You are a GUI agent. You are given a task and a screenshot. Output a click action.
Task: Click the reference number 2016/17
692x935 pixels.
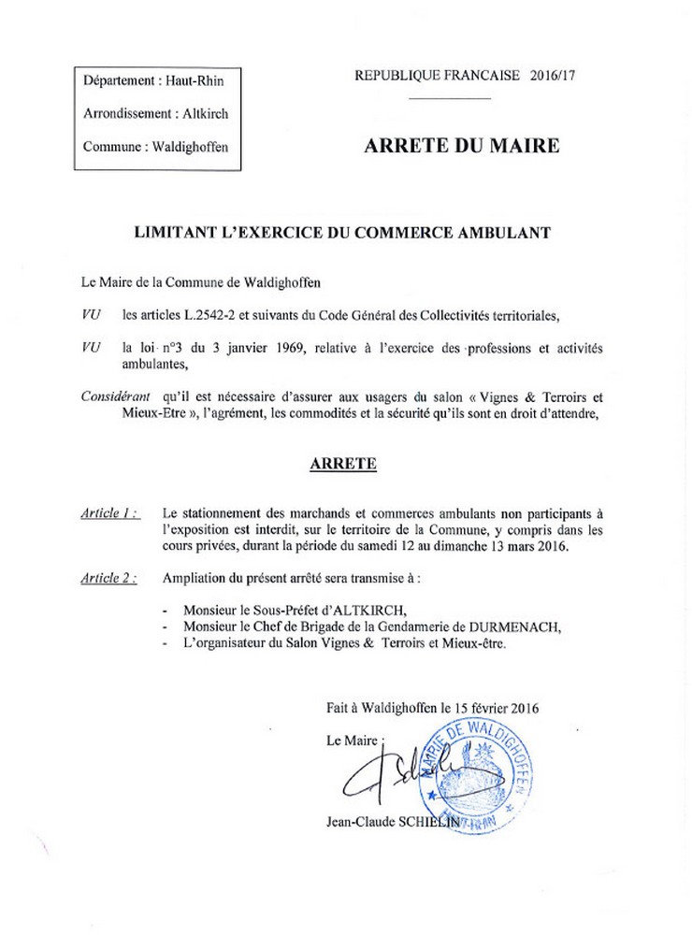pos(553,76)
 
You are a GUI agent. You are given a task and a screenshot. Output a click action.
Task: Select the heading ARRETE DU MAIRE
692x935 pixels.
pos(461,146)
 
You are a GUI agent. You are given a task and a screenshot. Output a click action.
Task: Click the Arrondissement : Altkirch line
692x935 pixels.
pos(155,113)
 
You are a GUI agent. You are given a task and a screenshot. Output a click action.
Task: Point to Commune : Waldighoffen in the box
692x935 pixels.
pos(155,146)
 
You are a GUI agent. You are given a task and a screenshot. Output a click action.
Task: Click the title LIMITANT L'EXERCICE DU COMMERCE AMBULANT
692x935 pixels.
pos(343,231)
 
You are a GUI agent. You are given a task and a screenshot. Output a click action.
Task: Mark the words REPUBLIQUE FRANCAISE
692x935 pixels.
pos(436,76)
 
